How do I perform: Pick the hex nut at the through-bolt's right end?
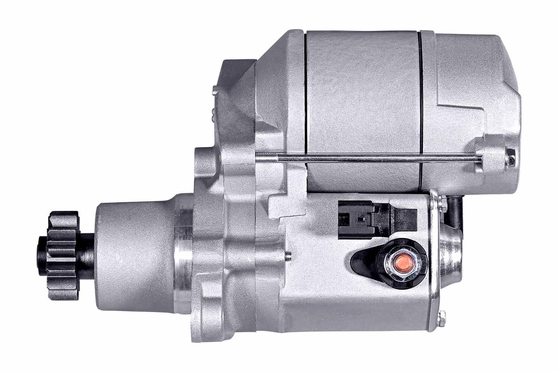pyautogui.click(x=511, y=160)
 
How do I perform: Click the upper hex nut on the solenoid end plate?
pyautogui.click(x=443, y=202)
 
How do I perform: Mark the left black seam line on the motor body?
pyautogui.click(x=305, y=93)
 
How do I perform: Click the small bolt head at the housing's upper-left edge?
pyautogui.click(x=215, y=91)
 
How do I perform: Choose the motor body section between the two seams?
pyautogui.click(x=363, y=93)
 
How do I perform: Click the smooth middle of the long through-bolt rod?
pyautogui.click(x=372, y=159)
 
